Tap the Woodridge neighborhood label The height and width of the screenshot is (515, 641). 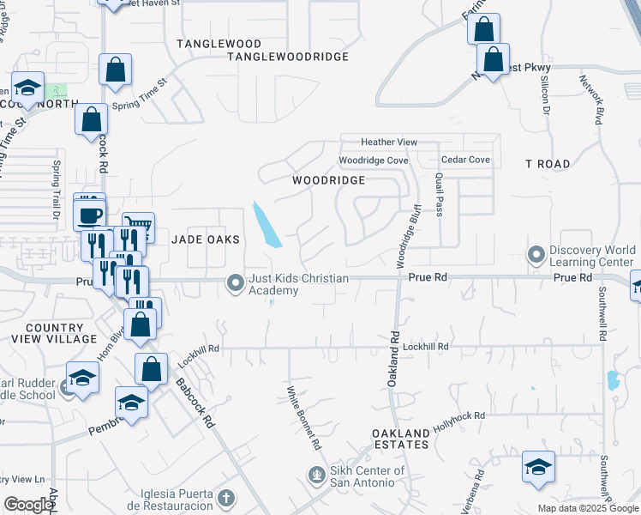click(x=328, y=180)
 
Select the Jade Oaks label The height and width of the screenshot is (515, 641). click(x=205, y=239)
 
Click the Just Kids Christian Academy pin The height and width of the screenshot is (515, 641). click(x=234, y=282)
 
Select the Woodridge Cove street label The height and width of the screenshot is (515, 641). click(x=373, y=161)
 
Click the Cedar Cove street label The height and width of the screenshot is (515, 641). click(x=465, y=160)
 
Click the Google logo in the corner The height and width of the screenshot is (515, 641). click(x=29, y=505)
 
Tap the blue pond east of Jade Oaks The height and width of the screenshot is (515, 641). click(x=267, y=225)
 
